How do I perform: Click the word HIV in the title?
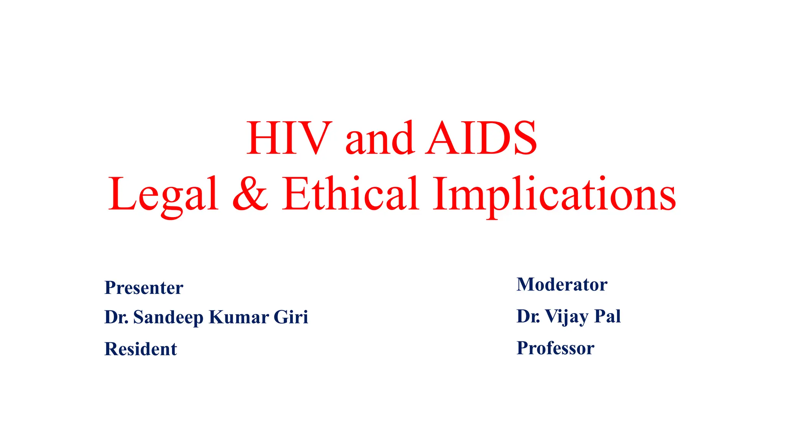coord(289,138)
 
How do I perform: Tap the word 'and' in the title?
coord(380,139)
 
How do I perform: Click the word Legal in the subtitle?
coord(163,195)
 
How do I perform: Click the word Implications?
coord(554,195)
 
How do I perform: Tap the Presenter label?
coord(144,288)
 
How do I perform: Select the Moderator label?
coord(562,285)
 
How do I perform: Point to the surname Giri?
coord(291,317)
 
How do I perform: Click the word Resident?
coord(141,349)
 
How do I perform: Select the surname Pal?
coord(608,316)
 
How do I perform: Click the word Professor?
coord(555,348)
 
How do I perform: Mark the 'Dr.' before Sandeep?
coord(117,317)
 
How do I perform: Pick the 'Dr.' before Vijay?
coord(529,316)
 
